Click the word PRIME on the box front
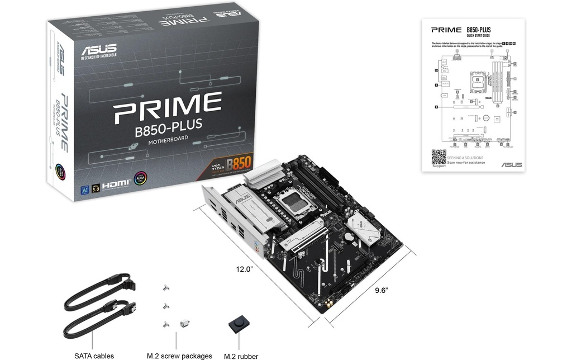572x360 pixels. point(168,109)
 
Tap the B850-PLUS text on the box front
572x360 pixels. point(169,129)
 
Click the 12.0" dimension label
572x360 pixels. point(244,269)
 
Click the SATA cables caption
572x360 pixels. point(94,356)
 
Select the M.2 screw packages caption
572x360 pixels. point(179,356)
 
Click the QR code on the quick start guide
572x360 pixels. point(438,157)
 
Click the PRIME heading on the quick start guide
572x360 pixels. point(446,30)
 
